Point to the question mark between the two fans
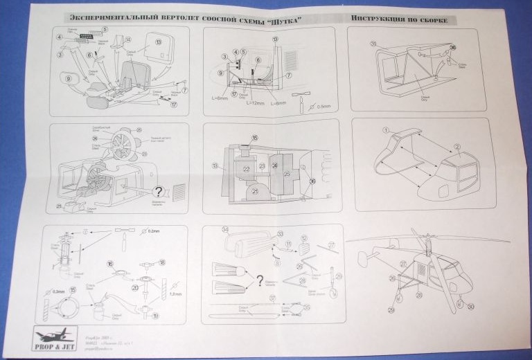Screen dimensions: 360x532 (260, 280)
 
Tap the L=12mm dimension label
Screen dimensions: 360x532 (256, 103)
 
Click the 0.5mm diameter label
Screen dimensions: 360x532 (323, 107)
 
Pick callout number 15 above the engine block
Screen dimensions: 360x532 (254, 138)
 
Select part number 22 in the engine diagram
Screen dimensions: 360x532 (246, 168)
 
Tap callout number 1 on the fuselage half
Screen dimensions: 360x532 (386, 129)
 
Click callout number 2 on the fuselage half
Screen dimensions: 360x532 (456, 147)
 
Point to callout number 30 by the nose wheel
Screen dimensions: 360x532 (472, 306)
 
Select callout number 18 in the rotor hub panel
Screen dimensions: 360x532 (162, 262)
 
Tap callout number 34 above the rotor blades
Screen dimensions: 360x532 (225, 230)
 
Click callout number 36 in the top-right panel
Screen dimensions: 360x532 (453, 47)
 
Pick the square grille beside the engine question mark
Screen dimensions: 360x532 (179, 192)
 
